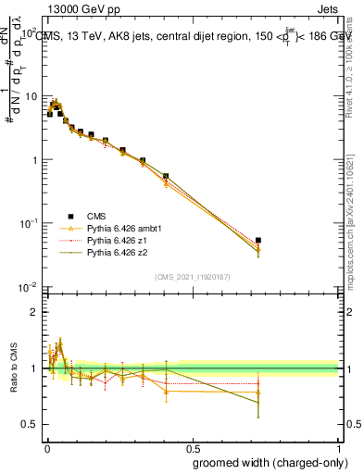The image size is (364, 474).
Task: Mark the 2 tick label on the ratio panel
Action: [35, 313]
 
